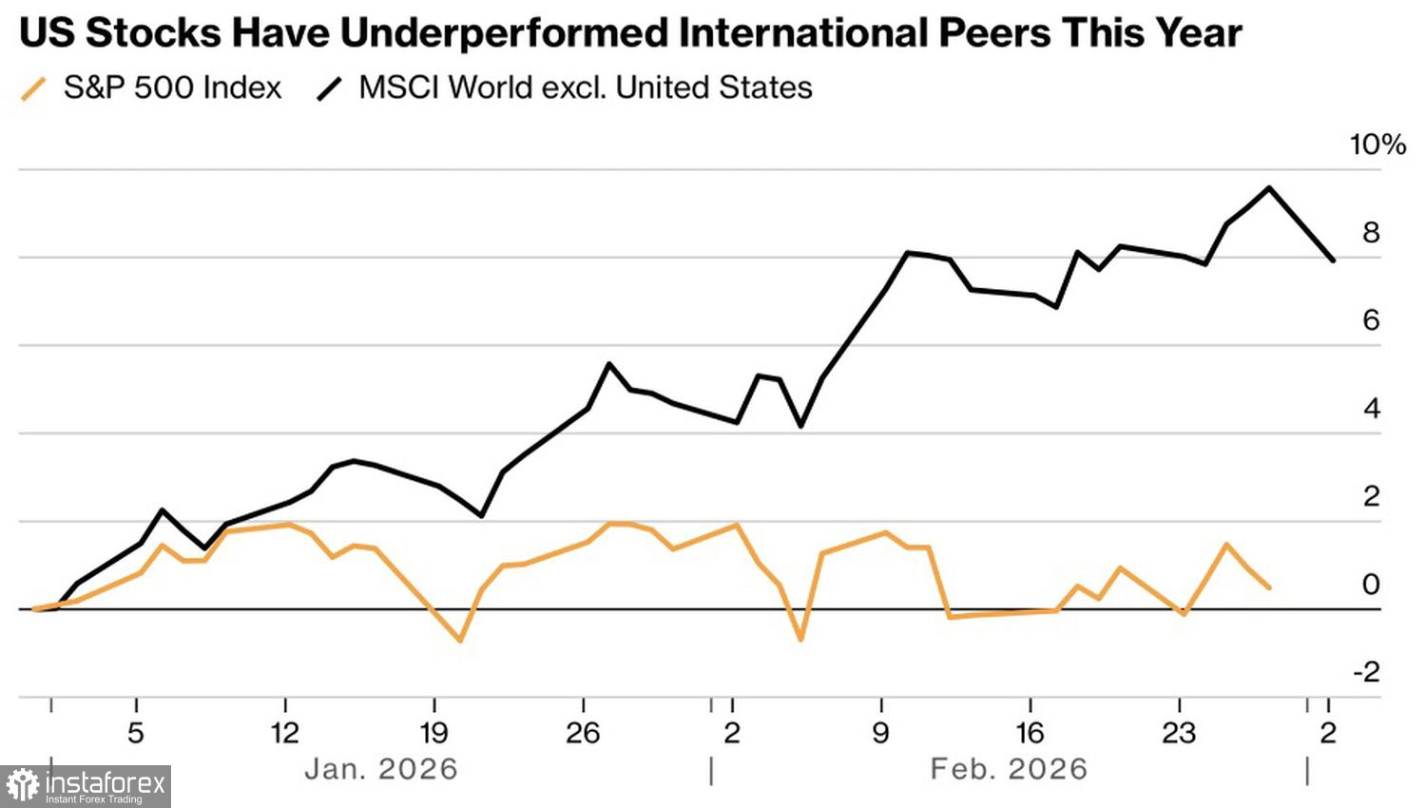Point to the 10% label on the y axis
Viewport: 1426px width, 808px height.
point(1378,144)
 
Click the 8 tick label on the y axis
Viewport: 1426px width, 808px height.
point(1371,233)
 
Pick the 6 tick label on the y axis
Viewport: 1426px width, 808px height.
point(1371,320)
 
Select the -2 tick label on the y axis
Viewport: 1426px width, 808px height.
point(1366,672)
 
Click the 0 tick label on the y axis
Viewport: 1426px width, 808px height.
point(1371,585)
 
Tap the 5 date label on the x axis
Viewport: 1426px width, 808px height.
point(136,733)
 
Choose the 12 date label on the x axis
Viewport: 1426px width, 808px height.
point(284,733)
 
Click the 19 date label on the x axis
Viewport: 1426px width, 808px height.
point(434,733)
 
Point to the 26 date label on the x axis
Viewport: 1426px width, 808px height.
point(583,733)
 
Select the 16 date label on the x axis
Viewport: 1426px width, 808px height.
point(1030,733)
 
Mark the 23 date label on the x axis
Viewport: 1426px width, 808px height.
point(1179,733)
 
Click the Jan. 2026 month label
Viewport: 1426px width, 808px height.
point(381,769)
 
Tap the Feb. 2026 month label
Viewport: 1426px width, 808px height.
point(1009,769)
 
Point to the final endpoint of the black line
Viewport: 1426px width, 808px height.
point(1333,260)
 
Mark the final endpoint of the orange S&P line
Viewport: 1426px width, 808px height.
point(1269,587)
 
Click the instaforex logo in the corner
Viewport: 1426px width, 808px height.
point(86,786)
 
